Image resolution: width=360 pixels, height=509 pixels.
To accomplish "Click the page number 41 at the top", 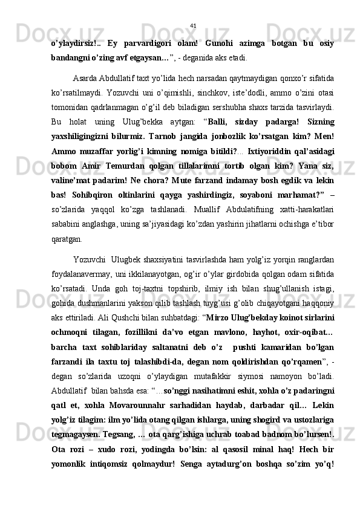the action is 193,25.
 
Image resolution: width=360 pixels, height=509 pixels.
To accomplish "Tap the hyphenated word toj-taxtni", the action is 144,298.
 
